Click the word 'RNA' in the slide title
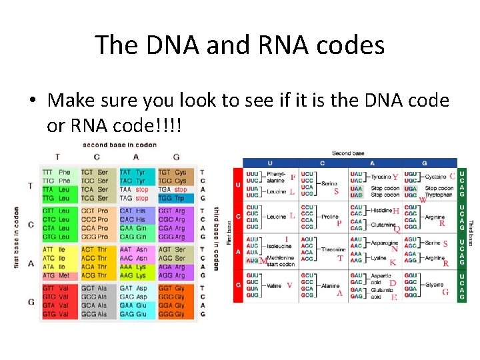(x=287, y=45)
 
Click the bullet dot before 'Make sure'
(x=33, y=101)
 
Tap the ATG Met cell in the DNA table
(x=56, y=275)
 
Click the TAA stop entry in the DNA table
(x=134, y=189)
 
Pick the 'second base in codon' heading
(x=119, y=144)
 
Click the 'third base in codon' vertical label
(x=216, y=237)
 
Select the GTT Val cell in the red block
(x=56, y=288)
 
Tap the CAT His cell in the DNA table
(x=133, y=211)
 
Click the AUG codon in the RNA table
(x=252, y=260)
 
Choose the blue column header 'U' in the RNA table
(x=270, y=163)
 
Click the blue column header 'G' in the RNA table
(x=424, y=163)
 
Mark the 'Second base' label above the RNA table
(x=348, y=153)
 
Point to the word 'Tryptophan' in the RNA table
(x=439, y=195)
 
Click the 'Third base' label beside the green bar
(x=471, y=233)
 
